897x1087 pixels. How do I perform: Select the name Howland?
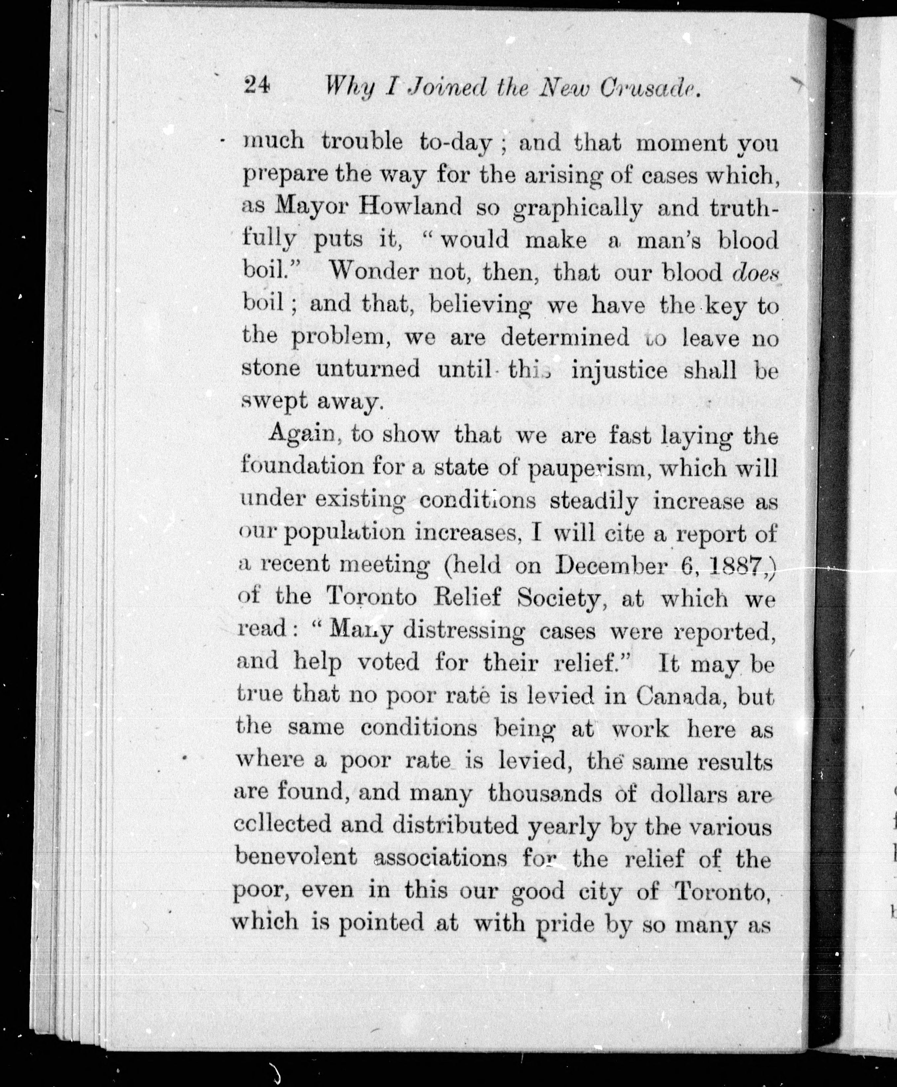(x=411, y=207)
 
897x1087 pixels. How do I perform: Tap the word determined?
(x=565, y=337)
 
